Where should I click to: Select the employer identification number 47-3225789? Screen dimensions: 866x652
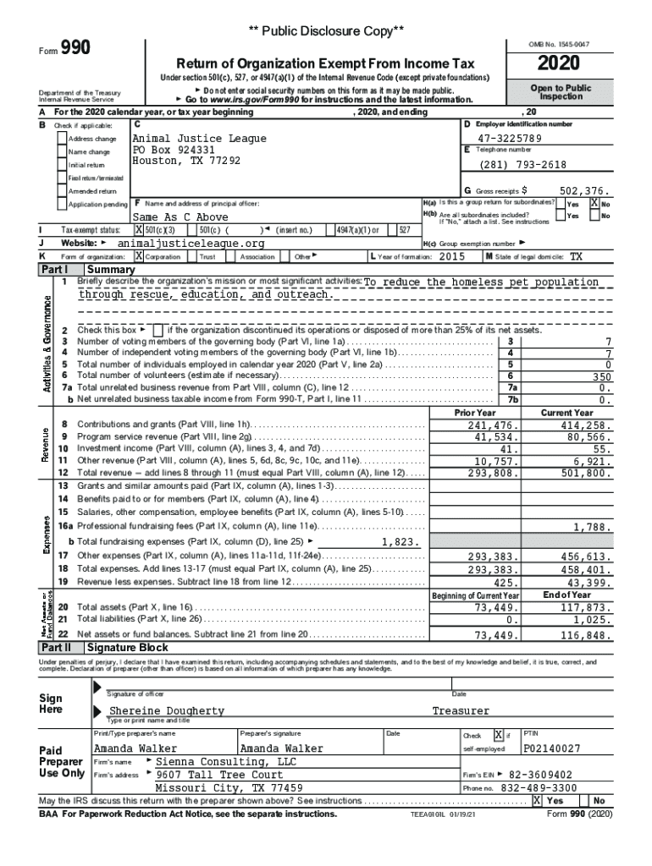pyautogui.click(x=509, y=139)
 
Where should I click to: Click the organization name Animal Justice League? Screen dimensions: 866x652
pyautogui.click(x=200, y=139)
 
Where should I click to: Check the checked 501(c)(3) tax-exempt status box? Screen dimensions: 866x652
pyautogui.click(x=140, y=230)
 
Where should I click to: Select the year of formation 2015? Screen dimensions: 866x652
pyautogui.click(x=452, y=255)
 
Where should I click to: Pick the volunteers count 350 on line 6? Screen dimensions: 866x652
pyautogui.click(x=601, y=376)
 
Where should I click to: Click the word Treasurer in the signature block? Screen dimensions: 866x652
pyautogui.click(x=461, y=711)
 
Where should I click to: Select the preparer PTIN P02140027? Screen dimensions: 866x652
pyautogui.click(x=552, y=749)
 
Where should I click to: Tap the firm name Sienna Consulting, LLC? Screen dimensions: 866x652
pyautogui.click(x=227, y=761)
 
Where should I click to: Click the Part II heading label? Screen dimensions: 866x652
pyautogui.click(x=58, y=647)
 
